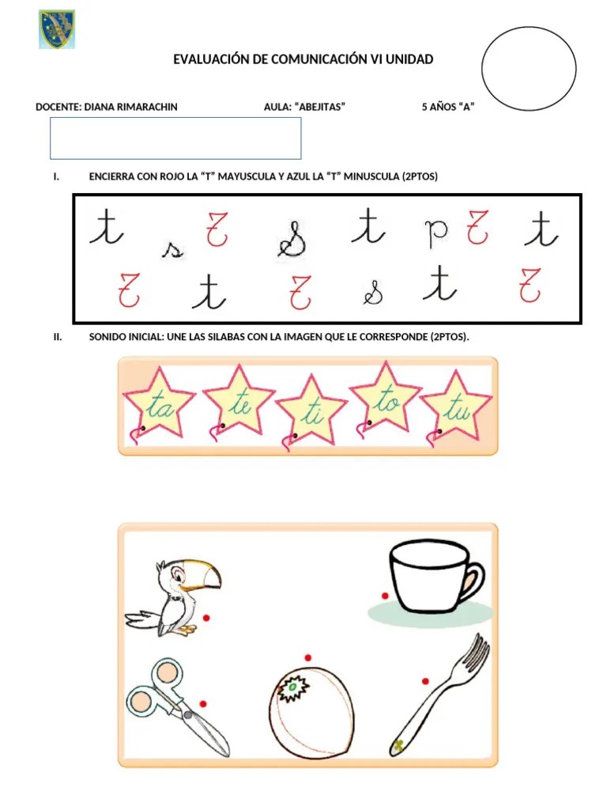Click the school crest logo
pos(56,29)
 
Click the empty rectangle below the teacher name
pos(175,138)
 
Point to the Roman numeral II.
pos(58,337)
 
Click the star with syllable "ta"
pos(160,406)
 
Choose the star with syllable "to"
pos(386,400)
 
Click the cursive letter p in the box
pos(435,232)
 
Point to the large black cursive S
pos(292,237)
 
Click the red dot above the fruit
pos(307,657)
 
